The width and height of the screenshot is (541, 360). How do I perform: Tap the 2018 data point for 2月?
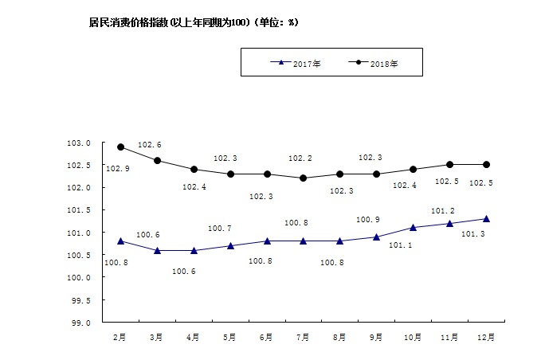pyautogui.click(x=120, y=147)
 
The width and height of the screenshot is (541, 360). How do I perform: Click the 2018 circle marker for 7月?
pyautogui.click(x=304, y=178)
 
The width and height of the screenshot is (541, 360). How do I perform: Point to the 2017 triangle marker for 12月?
pyautogui.click(x=487, y=218)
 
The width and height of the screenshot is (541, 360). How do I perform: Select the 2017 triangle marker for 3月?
pyautogui.click(x=157, y=250)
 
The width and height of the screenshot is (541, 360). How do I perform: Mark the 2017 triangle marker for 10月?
pyautogui.click(x=414, y=227)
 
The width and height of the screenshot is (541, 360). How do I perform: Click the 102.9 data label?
pyautogui.click(x=117, y=169)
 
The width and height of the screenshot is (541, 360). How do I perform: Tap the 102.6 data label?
pyautogui.click(x=150, y=145)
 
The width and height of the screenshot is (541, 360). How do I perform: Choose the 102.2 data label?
pyautogui.click(x=300, y=158)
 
